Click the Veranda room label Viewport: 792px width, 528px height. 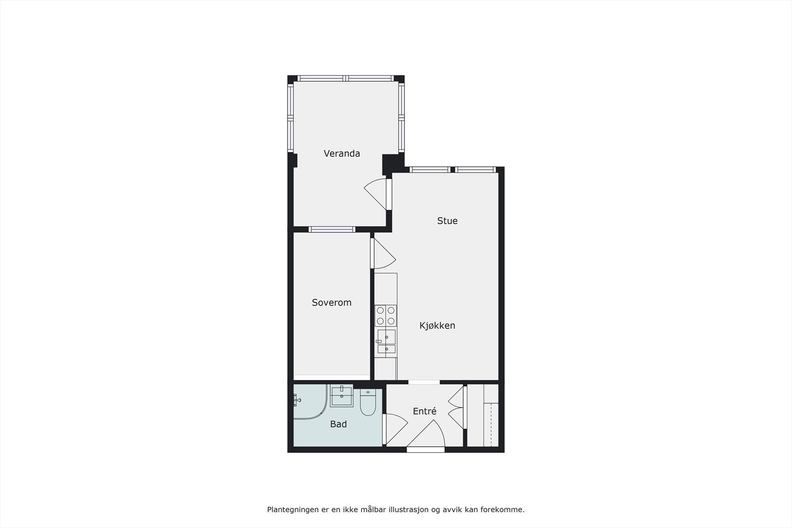click(x=342, y=153)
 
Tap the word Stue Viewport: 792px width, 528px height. click(x=447, y=221)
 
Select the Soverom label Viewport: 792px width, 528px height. click(x=332, y=302)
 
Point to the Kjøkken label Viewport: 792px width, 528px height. click(x=437, y=326)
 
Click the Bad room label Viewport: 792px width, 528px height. click(x=339, y=424)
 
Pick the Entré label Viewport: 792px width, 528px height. click(x=425, y=411)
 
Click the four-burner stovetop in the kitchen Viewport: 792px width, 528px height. click(x=386, y=315)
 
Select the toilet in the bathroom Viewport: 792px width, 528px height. click(x=368, y=403)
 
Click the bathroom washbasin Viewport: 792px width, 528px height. click(x=342, y=396)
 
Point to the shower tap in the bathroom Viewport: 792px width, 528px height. click(x=297, y=399)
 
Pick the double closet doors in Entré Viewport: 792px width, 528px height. click(x=456, y=407)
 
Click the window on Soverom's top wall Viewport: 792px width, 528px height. click(x=332, y=229)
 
